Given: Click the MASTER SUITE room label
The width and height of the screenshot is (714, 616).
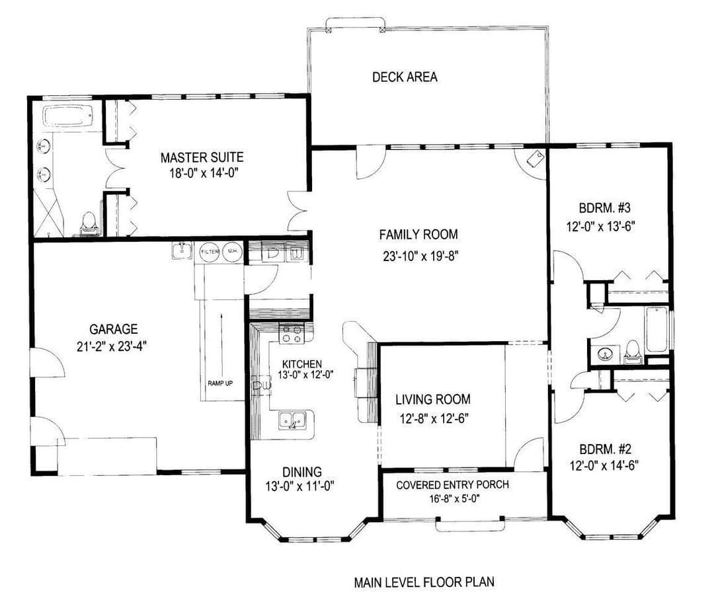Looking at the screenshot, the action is tap(202, 157).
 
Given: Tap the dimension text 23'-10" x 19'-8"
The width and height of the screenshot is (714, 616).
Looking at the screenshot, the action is tap(420, 256).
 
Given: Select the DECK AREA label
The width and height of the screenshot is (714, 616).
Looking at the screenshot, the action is tap(405, 77).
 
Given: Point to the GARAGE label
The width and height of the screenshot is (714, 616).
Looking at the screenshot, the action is tap(114, 328).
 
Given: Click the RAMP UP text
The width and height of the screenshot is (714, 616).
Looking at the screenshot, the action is tap(220, 383).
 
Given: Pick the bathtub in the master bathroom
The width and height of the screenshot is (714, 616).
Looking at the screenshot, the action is tap(68, 116).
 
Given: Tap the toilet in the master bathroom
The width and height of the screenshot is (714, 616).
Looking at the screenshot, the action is tap(89, 224).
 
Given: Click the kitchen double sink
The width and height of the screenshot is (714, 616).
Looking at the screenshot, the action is tap(292, 420).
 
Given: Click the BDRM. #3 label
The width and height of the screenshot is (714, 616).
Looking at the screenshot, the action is tap(604, 208).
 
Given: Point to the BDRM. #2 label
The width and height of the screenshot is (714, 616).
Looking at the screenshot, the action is tap(605, 449).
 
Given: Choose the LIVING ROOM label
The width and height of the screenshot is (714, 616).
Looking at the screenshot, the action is tap(432, 399).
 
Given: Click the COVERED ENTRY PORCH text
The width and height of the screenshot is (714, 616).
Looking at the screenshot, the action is tap(452, 485).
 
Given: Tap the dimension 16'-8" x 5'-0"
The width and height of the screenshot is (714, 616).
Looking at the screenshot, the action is tap(454, 498).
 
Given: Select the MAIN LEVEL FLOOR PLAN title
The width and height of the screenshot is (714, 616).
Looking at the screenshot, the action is tap(424, 582).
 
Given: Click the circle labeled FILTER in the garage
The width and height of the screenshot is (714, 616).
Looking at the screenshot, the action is tap(210, 252).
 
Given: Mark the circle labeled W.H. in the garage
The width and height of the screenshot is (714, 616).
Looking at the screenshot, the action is tap(232, 252).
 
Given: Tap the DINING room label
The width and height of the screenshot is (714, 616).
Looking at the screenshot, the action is tap(302, 472).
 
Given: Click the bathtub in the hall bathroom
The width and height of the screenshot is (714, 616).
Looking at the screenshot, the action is tap(656, 330).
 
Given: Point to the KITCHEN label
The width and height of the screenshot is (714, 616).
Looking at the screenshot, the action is tap(302, 364).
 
